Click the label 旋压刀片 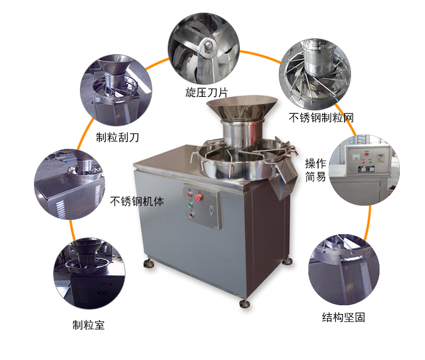(206, 92)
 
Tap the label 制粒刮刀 (117, 137)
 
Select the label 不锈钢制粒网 (321, 118)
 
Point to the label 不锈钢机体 (137, 201)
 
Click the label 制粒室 (88, 325)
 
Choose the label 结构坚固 (343, 317)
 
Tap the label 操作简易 (315, 170)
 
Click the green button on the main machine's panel (191, 205)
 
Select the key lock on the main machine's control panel (211, 210)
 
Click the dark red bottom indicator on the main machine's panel (192, 216)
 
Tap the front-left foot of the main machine (148, 263)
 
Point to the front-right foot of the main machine (244, 303)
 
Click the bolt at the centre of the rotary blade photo (209, 45)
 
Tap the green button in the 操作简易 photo (370, 162)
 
